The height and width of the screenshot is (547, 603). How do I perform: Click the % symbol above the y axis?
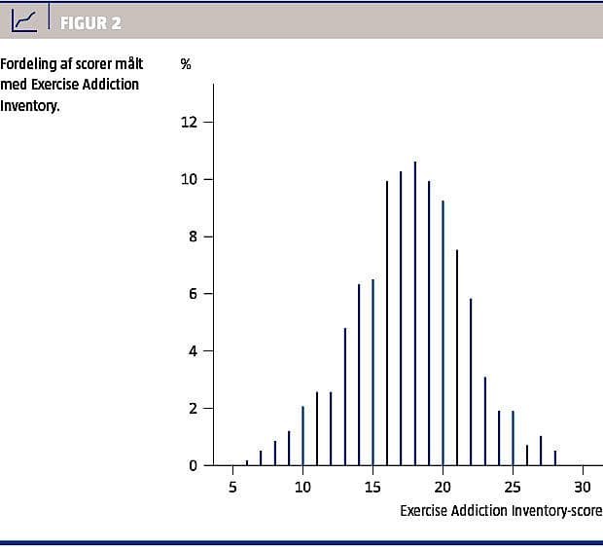(x=186, y=64)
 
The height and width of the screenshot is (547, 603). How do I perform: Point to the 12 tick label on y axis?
(x=189, y=123)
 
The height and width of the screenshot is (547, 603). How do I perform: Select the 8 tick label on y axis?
(x=193, y=237)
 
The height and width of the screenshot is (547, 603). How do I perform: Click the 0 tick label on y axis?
(x=193, y=465)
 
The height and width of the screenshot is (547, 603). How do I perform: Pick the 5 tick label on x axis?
(x=232, y=486)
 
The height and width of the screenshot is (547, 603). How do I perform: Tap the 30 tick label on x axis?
(x=583, y=486)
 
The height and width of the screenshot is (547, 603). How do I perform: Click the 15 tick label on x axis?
(x=372, y=486)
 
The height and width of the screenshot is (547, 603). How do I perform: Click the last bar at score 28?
(x=555, y=457)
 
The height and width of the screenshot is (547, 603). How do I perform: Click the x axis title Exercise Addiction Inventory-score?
(x=501, y=510)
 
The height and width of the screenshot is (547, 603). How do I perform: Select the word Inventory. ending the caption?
(x=29, y=105)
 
